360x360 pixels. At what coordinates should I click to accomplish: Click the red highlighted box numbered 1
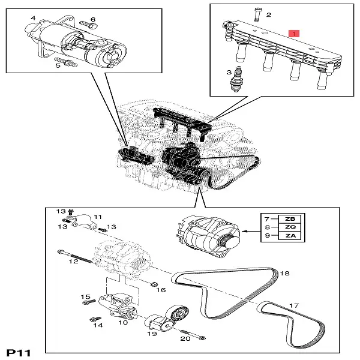coord(293,32)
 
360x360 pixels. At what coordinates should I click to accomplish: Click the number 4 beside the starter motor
coord(32,19)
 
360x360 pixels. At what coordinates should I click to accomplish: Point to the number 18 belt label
coord(284,274)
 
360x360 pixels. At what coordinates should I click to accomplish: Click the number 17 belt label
coord(294,306)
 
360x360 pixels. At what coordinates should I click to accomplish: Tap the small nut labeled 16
coord(153,283)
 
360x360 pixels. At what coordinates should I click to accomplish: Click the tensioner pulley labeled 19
coord(178,313)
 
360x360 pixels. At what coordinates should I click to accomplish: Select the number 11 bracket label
coord(98,217)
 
